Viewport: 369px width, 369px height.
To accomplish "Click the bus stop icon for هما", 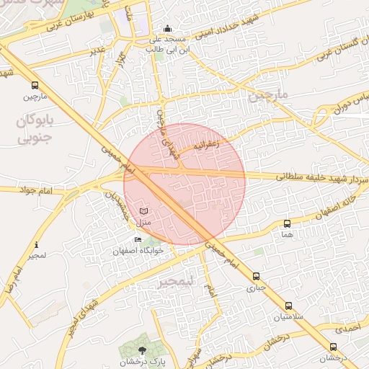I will pyautogui.click(x=288, y=224).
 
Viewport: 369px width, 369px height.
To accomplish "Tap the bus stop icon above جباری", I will pyautogui.click(x=256, y=276).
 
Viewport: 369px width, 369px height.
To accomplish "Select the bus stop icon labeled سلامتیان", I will pyautogui.click(x=288, y=306).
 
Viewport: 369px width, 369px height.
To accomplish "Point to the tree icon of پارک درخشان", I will pyautogui.click(x=141, y=350).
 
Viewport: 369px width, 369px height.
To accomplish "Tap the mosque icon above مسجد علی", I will pyautogui.click(x=167, y=28).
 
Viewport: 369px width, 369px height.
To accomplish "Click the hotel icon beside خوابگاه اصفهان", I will pyautogui.click(x=138, y=240).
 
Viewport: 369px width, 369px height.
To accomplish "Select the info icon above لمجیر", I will pyautogui.click(x=37, y=245).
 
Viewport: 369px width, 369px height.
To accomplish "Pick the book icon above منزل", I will pyautogui.click(x=143, y=210).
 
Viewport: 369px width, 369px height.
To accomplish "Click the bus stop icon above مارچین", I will pyautogui.click(x=35, y=85).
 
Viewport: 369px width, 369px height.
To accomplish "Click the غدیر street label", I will pyautogui.click(x=97, y=50).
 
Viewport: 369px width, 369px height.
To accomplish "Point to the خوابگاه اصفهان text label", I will pyautogui.click(x=138, y=250).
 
